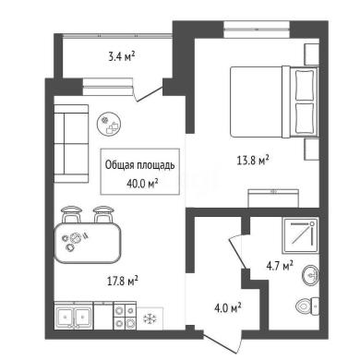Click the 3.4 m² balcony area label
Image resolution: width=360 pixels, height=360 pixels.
122,56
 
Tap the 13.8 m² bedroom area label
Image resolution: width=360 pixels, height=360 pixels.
253,160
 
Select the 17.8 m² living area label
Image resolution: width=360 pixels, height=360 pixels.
123,281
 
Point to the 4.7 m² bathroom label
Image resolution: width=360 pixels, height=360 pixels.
280,266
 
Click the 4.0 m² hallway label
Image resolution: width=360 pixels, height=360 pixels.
228,307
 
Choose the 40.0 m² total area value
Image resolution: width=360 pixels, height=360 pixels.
142,184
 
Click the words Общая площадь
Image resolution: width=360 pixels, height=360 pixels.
140,165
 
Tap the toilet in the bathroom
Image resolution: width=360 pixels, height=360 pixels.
307,306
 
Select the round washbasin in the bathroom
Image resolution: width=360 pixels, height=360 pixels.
310,275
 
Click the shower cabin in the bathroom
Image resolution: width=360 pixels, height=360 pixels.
300,235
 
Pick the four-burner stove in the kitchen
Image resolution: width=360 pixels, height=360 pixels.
125,316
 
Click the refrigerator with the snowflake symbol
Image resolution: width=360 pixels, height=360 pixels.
150,318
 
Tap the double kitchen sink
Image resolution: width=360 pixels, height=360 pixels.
74,316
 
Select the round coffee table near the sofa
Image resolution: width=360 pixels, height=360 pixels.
109,124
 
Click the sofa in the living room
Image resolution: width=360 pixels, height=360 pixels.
71,144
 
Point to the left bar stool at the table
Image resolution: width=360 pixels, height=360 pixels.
71,214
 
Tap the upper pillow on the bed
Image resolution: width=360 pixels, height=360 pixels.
305,85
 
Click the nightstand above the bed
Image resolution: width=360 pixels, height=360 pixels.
311,54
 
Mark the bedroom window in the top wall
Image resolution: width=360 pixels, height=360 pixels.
257,30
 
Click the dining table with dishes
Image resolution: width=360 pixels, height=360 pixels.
88,243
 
